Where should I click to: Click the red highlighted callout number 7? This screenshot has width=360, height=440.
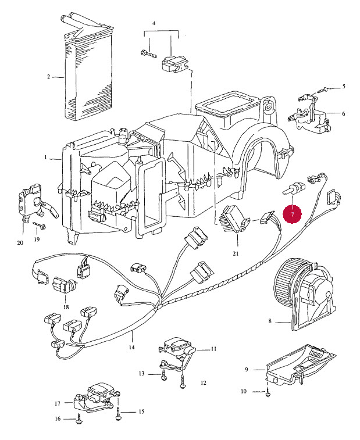293,214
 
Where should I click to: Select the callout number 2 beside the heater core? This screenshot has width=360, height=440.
49,76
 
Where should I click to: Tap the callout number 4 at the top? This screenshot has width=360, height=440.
154,23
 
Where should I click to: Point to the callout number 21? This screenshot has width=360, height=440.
236,253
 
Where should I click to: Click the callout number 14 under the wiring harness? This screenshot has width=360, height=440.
131,347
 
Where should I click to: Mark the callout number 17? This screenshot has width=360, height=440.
58,403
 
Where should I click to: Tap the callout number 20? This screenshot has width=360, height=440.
20,242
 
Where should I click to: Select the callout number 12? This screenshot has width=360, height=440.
204,383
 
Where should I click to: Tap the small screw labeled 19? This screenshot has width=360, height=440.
42,225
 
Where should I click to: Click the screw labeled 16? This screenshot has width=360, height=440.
78,418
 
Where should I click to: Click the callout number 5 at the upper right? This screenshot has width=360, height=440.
343,87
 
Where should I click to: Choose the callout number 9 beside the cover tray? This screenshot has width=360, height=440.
247,369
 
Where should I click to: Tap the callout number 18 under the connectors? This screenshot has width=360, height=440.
66,307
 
